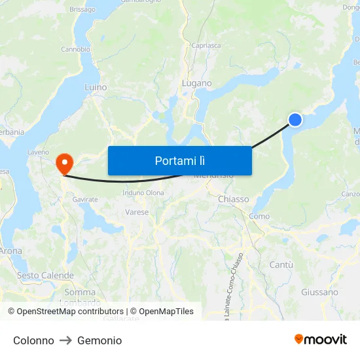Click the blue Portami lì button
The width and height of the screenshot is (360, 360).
click(x=179, y=160)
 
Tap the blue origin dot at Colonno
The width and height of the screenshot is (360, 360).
click(x=295, y=119)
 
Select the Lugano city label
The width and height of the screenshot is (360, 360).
click(x=197, y=83)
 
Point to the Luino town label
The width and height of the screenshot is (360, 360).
click(x=96, y=86)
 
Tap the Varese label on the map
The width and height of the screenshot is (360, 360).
click(x=137, y=212)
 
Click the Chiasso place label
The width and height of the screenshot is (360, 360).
click(x=233, y=199)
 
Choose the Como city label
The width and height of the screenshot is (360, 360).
click(x=259, y=216)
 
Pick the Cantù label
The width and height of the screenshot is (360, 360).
click(x=281, y=264)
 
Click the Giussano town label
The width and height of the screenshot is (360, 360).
click(x=320, y=292)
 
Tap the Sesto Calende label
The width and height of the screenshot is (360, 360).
click(x=45, y=276)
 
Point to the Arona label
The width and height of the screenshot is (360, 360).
click(x=10, y=251)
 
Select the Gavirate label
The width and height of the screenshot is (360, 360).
click(x=85, y=199)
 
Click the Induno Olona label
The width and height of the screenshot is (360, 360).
click(x=143, y=192)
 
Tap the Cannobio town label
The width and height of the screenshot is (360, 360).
click(x=75, y=49)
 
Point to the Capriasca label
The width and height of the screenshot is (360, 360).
click(x=206, y=45)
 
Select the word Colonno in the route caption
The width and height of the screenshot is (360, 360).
click(x=33, y=340)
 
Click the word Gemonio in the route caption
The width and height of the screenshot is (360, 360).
click(x=99, y=340)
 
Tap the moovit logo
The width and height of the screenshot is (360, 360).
click(x=321, y=339)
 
